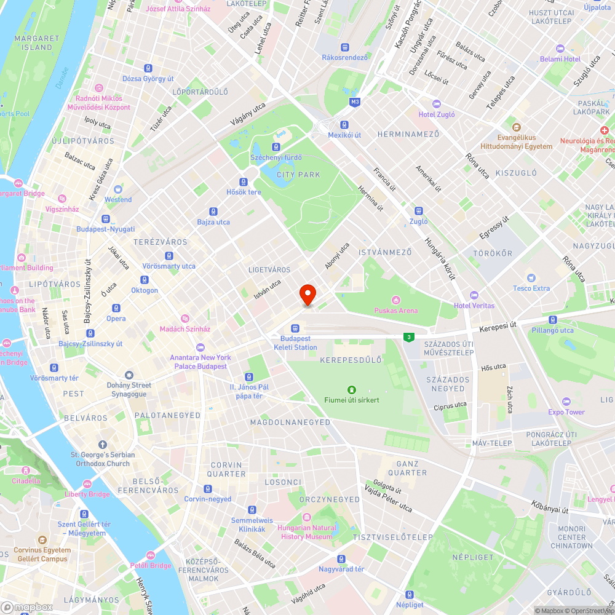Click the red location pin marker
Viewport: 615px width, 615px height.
pos(307,294)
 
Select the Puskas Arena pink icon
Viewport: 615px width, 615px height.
pos(395,300)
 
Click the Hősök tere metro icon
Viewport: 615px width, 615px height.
pos(244,182)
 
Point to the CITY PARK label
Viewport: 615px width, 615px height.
pos(299,175)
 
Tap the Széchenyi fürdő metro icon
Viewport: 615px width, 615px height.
pos(276,147)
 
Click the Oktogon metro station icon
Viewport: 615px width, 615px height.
pos(145,280)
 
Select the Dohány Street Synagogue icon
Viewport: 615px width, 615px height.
pos(129,375)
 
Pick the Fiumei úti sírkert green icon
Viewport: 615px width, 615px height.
pos(351,389)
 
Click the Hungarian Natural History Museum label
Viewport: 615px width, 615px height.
pos(307,532)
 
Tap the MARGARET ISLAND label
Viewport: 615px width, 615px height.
pos(37,42)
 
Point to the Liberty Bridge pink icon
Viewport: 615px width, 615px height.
pos(87,484)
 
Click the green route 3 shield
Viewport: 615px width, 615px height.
pos(407,337)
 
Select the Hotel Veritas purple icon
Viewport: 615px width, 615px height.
pos(474,295)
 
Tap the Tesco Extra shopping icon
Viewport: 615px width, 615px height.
pos(531,278)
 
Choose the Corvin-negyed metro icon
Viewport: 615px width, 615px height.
pos(208,489)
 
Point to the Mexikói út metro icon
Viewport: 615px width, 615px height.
pos(344,124)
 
